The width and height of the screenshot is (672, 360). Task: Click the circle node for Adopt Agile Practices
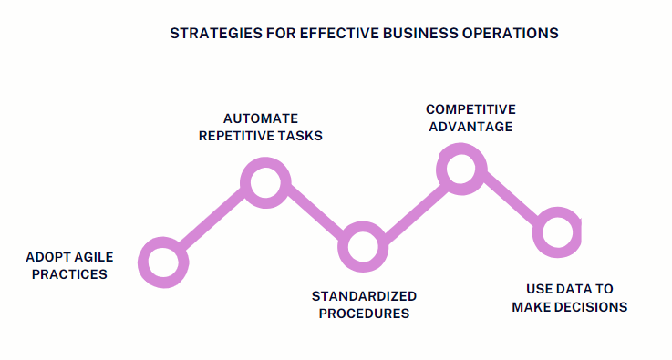163,263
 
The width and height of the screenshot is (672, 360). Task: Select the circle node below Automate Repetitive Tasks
265,182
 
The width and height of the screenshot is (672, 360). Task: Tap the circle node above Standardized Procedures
362,247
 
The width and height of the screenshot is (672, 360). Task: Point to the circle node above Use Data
556,231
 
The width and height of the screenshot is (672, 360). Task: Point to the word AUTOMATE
262,118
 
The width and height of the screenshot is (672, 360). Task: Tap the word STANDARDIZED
364,296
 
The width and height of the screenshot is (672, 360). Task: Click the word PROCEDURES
364,314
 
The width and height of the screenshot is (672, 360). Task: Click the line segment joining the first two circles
214,222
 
